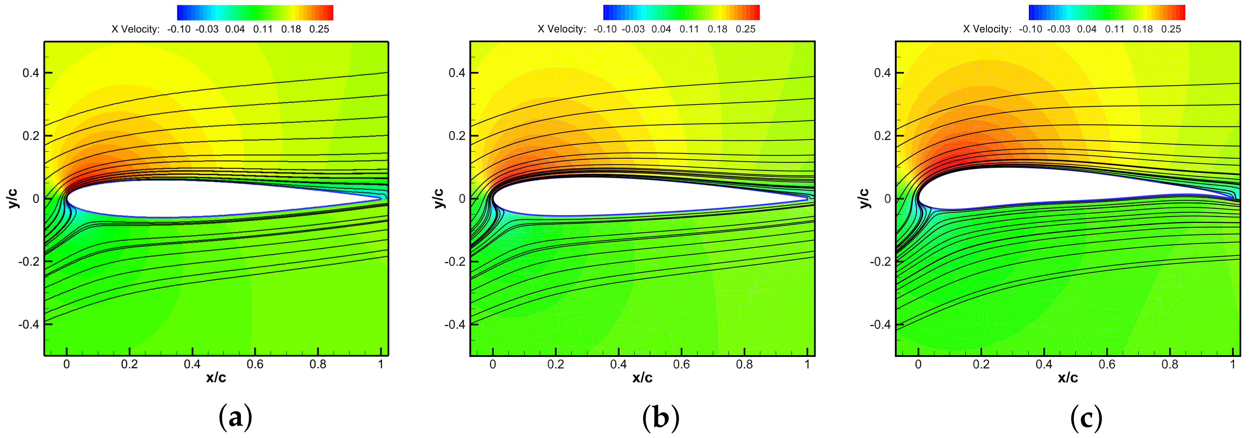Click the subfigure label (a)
click(x=235, y=417)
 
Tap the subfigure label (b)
click(x=661, y=417)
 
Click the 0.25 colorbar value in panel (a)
click(x=319, y=29)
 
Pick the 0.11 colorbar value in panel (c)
click(x=1115, y=29)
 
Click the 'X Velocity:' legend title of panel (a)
click(x=135, y=29)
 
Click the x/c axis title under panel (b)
click(x=642, y=378)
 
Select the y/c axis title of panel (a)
click(x=13, y=198)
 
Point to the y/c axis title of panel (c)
click(x=865, y=198)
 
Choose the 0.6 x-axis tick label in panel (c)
click(x=1107, y=364)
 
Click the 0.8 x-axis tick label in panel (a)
click(x=318, y=364)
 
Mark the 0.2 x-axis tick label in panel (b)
click(x=555, y=364)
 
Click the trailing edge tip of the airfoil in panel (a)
click(x=382, y=198)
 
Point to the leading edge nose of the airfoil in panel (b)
click(x=492, y=198)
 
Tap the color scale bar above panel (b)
click(x=681, y=12)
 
